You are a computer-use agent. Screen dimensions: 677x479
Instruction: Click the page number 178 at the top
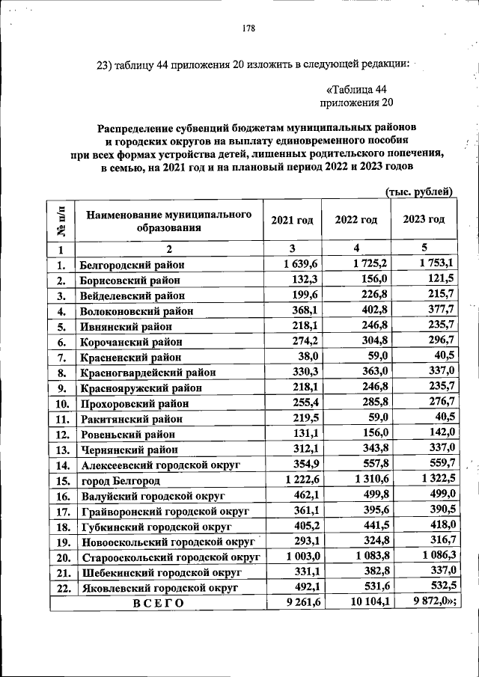(x=248, y=29)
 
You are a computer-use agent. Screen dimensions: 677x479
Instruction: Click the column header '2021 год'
(x=293, y=220)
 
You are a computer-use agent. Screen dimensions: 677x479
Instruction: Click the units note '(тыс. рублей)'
(x=418, y=192)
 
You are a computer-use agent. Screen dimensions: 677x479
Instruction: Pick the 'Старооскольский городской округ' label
(x=168, y=557)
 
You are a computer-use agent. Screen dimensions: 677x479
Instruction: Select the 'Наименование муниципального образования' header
(x=168, y=221)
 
